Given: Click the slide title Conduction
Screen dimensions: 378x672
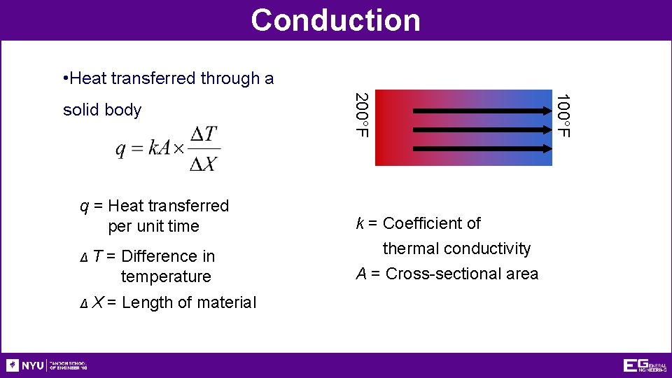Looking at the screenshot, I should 335,20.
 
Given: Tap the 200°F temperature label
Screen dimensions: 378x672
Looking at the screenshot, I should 360,115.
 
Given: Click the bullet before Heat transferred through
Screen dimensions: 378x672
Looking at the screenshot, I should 65,78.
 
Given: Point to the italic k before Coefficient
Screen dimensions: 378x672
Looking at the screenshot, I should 360,223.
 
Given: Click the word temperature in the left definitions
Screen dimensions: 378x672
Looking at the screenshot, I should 166,276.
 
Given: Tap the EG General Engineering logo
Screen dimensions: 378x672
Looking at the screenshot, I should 644,365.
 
